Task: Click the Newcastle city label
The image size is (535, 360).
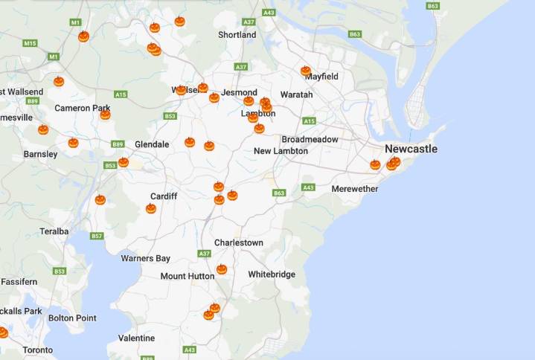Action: [411, 149]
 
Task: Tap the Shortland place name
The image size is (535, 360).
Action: [237, 35]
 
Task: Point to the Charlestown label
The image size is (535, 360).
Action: [238, 242]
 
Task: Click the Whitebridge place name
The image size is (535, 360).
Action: [272, 274]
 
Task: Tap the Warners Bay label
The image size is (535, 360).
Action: [145, 258]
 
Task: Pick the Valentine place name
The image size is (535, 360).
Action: [136, 338]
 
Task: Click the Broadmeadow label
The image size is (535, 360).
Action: [310, 139]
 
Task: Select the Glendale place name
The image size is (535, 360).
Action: [152, 144]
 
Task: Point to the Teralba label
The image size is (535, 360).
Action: [54, 231]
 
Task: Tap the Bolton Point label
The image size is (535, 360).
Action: [72, 318]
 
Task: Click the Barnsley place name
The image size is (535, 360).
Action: [40, 154]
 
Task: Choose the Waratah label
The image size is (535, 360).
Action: [296, 94]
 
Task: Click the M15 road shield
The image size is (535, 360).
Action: [30, 43]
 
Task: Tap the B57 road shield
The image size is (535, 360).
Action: [97, 236]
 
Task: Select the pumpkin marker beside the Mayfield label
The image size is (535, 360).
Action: [305, 71]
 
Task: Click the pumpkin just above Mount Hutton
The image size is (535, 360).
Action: [221, 269]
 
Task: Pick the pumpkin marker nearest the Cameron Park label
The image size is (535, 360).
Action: [105, 115]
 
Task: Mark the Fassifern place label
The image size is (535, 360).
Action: [19, 282]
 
